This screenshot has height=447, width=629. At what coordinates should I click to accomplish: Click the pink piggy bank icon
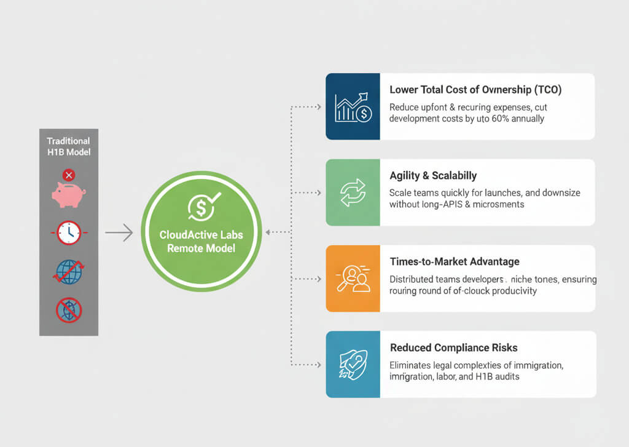coord(68,194)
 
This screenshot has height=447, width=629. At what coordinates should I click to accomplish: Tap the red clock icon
coord(68,232)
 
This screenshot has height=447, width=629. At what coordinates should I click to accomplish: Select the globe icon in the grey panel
coord(68,271)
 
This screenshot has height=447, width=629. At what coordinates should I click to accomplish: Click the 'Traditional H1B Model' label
coord(68,146)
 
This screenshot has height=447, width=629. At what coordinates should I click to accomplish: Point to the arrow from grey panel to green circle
coord(119,232)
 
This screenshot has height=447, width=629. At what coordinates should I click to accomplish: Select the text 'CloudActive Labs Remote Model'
coord(201,241)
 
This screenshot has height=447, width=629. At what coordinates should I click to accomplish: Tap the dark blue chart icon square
coord(353,106)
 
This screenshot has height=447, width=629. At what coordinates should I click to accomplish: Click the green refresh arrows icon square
coord(353,192)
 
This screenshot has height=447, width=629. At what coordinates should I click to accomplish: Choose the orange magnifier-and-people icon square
coord(353,278)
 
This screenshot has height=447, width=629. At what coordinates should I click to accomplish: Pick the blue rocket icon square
coord(353,364)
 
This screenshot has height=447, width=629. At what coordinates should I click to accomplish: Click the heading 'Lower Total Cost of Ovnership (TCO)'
coord(475,90)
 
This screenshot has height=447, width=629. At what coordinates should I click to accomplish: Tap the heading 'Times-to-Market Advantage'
coord(455,262)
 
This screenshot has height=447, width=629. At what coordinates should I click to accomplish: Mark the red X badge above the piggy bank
coord(68,175)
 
